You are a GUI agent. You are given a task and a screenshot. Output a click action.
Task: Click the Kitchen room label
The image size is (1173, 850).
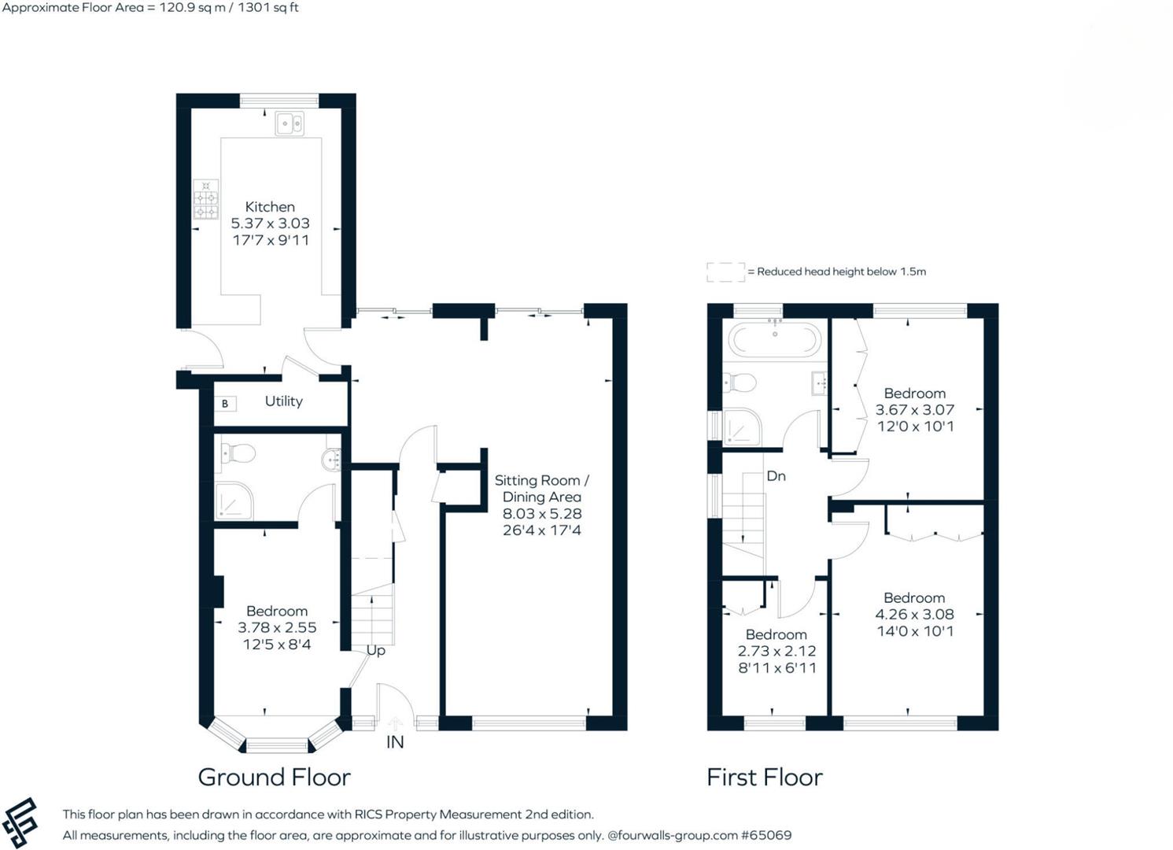click(x=270, y=207)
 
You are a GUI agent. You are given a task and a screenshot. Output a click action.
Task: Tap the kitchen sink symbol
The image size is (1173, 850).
click(x=290, y=124)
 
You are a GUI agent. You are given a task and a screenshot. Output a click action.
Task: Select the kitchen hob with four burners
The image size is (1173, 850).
click(x=206, y=199)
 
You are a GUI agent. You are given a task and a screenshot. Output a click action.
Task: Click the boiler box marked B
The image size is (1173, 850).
click(x=225, y=404)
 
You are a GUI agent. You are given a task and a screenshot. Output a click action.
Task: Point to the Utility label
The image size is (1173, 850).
click(x=283, y=401)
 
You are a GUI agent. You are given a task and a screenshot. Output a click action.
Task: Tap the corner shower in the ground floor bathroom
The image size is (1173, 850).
click(x=234, y=501)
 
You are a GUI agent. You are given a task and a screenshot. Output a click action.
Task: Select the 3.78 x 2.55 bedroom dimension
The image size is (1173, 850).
click(x=277, y=628)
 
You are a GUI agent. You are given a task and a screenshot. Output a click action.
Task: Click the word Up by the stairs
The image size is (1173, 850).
click(x=376, y=651)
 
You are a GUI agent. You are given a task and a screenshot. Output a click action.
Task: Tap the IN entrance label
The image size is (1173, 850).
click(x=395, y=742)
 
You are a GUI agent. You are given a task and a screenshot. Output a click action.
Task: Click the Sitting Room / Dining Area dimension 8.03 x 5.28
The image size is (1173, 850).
click(x=542, y=514)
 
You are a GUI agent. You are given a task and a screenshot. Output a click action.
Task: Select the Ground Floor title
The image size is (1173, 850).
click(x=274, y=778)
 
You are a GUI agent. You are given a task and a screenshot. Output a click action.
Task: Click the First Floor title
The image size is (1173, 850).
click(x=764, y=778)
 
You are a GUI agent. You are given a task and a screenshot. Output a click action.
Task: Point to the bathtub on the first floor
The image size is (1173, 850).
click(x=775, y=340)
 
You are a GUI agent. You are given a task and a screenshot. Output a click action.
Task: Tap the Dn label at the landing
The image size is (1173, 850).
click(x=776, y=476)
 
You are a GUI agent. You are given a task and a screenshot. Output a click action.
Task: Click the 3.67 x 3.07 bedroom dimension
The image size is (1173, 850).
click(x=914, y=410)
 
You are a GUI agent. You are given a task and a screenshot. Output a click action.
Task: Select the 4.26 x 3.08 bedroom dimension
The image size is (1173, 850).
click(x=914, y=615)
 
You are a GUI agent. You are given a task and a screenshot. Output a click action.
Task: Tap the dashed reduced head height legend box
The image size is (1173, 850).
click(x=725, y=272)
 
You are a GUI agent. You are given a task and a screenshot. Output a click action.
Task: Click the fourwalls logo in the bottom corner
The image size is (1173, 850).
click(x=20, y=823)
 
